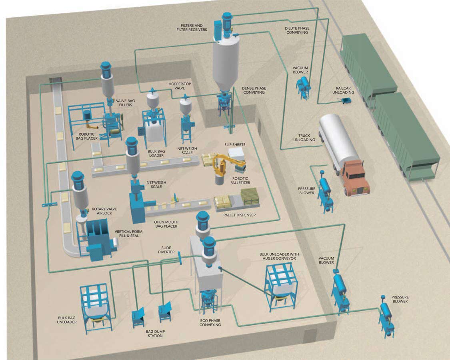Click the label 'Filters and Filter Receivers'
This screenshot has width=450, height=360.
[x=194, y=28]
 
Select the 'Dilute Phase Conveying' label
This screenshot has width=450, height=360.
[x=296, y=30]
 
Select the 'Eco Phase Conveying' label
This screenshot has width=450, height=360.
[x=210, y=323]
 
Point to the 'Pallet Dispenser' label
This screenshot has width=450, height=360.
[x=240, y=215]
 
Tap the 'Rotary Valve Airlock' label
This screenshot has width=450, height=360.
[x=102, y=211]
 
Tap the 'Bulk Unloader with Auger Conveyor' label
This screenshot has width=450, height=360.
[x=279, y=256]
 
